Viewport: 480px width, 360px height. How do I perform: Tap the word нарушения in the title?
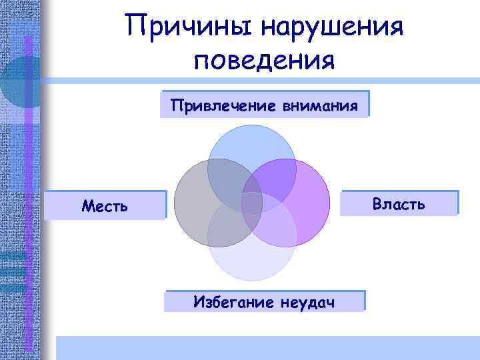click(331, 27)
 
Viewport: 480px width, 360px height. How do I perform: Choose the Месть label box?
click(104, 205)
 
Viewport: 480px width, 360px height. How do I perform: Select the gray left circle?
click(193, 200)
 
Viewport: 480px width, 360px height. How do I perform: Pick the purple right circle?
click(307, 200)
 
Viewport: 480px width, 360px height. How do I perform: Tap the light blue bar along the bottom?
click(267, 348)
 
